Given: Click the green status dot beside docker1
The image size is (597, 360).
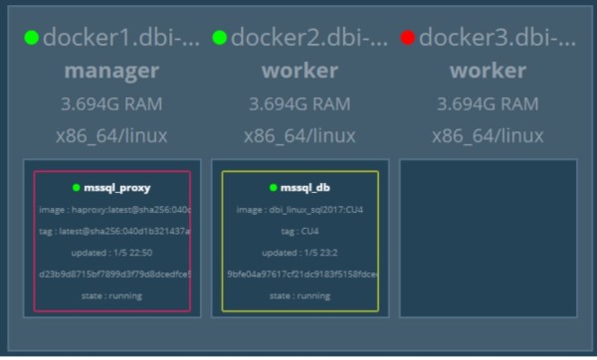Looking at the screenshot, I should click(x=32, y=38).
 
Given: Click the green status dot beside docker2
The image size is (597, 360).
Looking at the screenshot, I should click(x=219, y=38).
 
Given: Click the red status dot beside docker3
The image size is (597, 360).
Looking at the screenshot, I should click(x=407, y=38).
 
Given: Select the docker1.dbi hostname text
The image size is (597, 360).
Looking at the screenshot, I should click(x=121, y=39).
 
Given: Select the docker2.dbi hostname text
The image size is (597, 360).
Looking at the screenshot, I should click(x=309, y=39).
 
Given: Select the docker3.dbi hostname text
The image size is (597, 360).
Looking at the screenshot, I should click(x=497, y=39).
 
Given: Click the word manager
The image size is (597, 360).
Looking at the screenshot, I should click(x=111, y=72).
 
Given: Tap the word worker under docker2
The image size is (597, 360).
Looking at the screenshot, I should click(x=299, y=72).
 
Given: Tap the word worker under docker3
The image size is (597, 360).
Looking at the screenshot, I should click(x=488, y=72).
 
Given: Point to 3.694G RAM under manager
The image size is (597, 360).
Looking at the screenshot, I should click(x=111, y=103).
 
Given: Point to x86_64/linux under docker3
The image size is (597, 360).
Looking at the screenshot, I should click(x=488, y=135).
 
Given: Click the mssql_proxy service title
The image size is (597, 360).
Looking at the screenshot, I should click(x=118, y=187).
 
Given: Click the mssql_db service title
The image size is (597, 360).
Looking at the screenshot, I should click(x=305, y=187).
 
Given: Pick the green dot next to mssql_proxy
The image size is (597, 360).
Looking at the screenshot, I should click(x=76, y=187).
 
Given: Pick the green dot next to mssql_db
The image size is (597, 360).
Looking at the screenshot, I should click(x=273, y=187).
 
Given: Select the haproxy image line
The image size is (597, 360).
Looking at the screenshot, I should click(x=112, y=210).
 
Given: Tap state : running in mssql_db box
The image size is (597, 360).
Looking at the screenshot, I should click(x=299, y=295).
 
